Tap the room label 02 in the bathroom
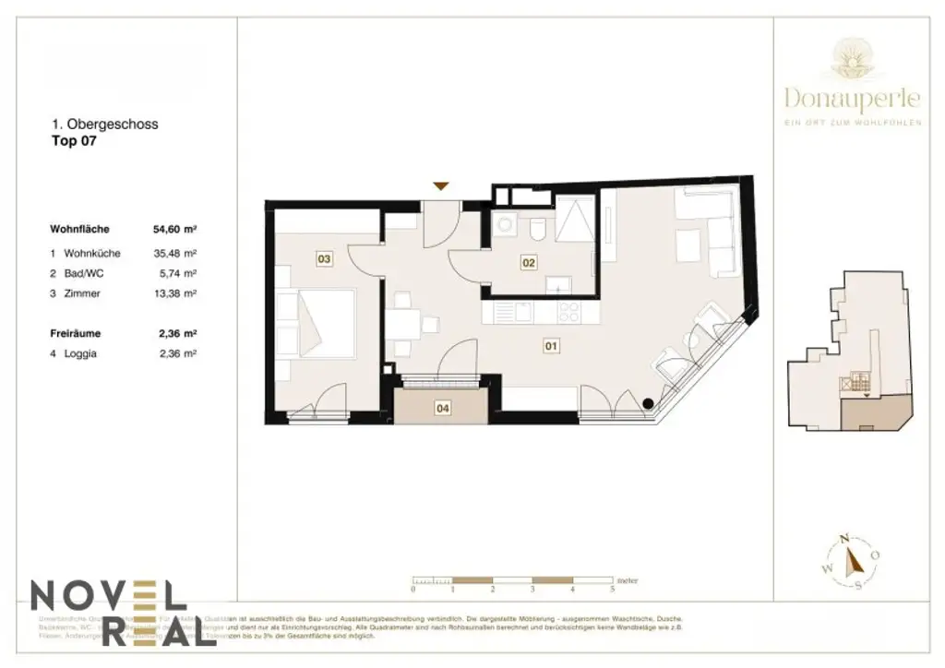pos(528,263)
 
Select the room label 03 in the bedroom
pos(324,259)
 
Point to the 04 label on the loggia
pos(442,406)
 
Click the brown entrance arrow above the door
pos(442,186)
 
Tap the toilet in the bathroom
pos(539,227)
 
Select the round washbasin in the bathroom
pos(506,224)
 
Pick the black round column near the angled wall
pos(649,402)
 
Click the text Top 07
pos(74,142)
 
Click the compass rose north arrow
pos(853,557)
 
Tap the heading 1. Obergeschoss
pos(103,125)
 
